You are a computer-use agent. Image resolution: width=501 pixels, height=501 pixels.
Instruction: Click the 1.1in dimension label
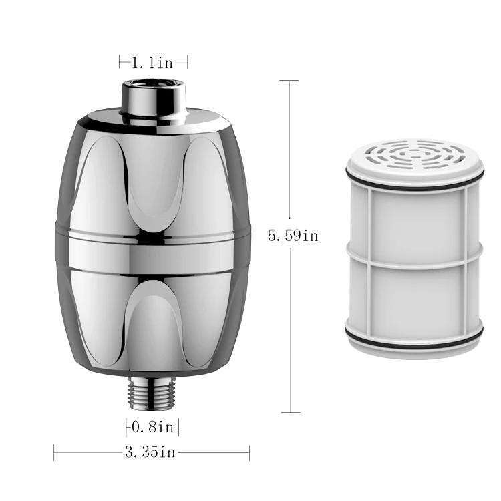(x=152, y=63)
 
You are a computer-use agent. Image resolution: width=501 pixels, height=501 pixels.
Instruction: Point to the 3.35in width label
(x=150, y=453)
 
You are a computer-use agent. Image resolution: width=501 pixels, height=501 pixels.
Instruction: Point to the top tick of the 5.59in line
(x=289, y=80)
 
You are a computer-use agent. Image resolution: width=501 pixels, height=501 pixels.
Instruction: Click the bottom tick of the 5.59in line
(x=289, y=412)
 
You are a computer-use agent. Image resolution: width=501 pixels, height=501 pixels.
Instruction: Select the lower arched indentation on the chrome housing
(x=153, y=314)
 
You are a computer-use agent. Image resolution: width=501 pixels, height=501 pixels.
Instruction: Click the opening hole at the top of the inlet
(x=153, y=84)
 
